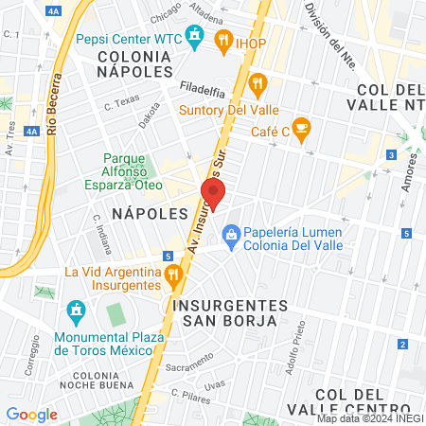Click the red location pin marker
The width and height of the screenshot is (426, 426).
coord(213,194)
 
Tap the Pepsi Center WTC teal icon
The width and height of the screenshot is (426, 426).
coord(196,38)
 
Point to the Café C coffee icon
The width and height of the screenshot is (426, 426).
coord(301,128)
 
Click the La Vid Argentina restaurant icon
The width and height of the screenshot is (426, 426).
coord(173,276)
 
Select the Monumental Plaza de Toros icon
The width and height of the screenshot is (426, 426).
coord(76,311)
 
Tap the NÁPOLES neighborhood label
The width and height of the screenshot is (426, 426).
coord(151,214)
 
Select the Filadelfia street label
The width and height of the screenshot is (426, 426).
coord(203,92)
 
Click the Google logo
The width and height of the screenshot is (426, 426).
coord(31,414)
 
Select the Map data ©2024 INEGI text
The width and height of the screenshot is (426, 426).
coord(369,418)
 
